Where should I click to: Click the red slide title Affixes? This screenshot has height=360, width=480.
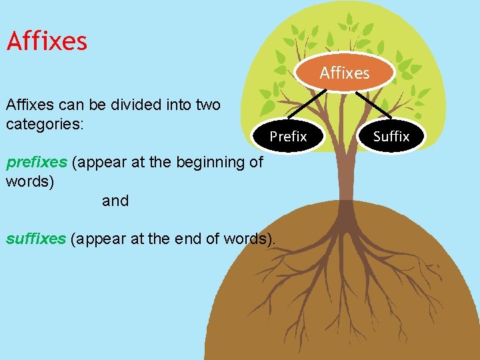click(x=47, y=41)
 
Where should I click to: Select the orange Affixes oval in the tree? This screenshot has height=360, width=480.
click(x=345, y=73)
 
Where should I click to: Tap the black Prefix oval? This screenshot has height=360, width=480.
click(x=288, y=137)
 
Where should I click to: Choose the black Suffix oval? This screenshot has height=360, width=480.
click(x=391, y=137)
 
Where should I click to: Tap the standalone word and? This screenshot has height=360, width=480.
click(x=115, y=201)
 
